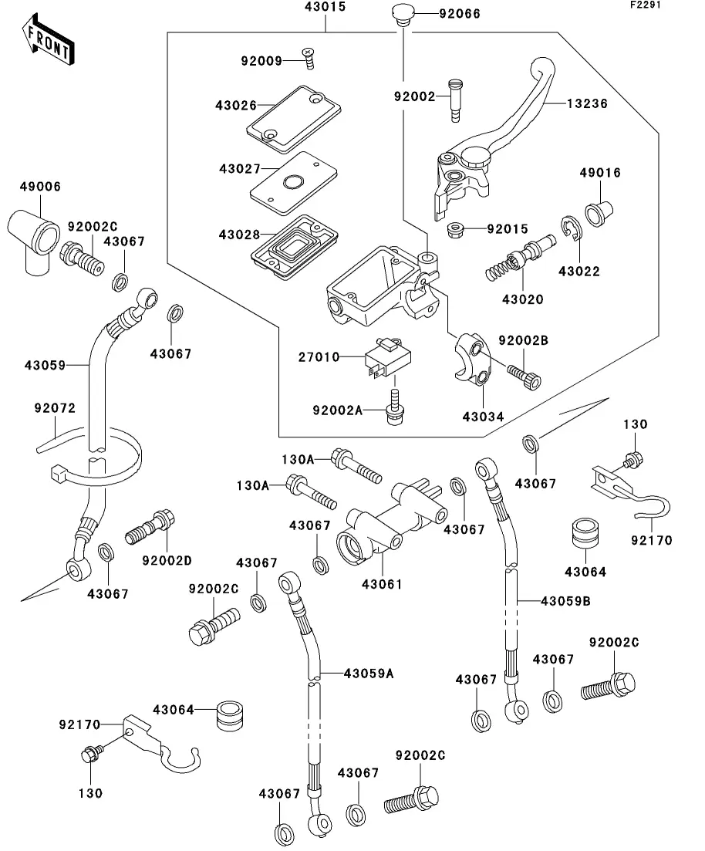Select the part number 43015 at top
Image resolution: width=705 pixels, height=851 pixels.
point(325,7)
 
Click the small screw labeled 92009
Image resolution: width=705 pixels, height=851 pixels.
point(309,59)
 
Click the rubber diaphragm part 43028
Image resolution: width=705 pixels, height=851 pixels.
point(295,247)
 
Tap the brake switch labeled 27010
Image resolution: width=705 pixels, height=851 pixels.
point(387,358)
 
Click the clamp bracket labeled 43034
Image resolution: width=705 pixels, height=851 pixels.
point(472,359)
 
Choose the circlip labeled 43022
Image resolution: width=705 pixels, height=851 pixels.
point(572,227)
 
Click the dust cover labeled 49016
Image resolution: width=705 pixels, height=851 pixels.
point(599,211)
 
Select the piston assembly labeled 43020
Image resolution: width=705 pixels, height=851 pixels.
point(520,258)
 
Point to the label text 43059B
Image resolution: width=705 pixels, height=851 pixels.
point(565,601)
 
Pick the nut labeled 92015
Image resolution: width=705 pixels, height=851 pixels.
point(457,230)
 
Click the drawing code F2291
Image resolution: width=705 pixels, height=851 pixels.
point(646,5)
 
